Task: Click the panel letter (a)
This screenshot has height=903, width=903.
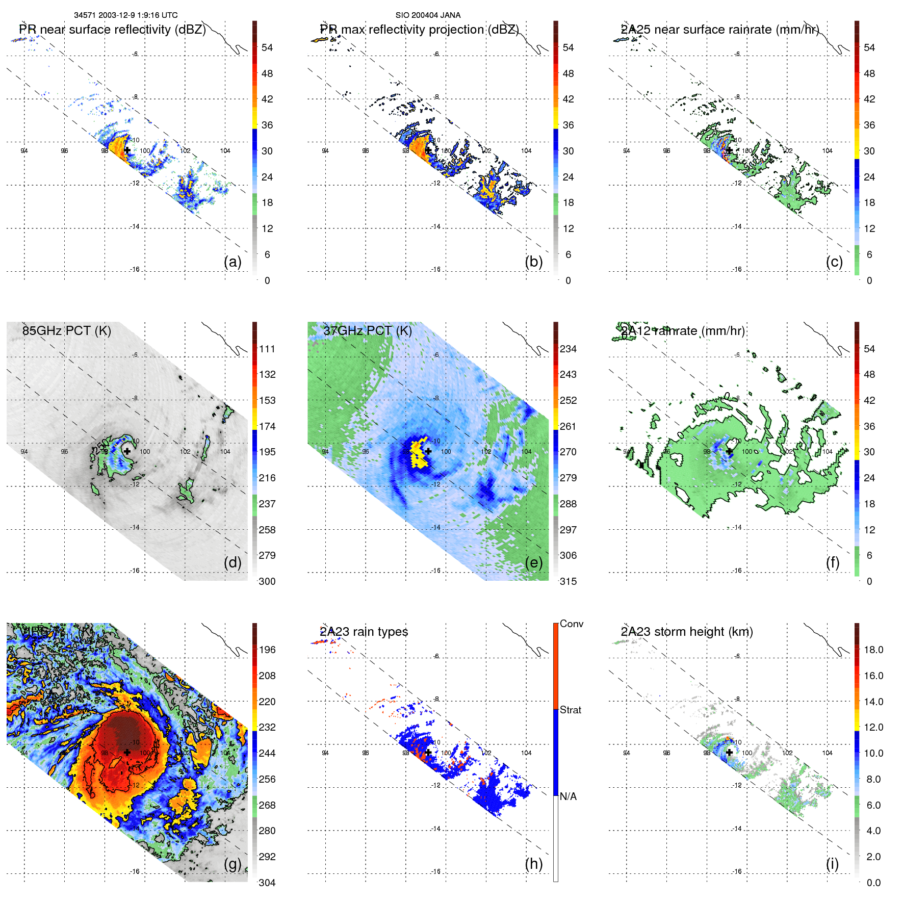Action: pyautogui.click(x=232, y=262)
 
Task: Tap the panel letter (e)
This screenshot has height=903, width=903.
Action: pyautogui.click(x=533, y=562)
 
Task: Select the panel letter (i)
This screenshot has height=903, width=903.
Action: pyautogui.click(x=832, y=864)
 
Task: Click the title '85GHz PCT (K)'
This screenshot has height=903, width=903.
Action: pyautogui.click(x=66, y=330)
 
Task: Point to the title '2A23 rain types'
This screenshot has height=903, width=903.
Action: pyautogui.click(x=364, y=632)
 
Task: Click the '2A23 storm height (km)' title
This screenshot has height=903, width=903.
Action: pyautogui.click(x=686, y=632)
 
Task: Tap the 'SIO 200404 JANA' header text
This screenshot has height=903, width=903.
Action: pyautogui.click(x=428, y=15)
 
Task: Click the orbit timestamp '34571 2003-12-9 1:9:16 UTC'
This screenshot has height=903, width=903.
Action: pyautogui.click(x=126, y=15)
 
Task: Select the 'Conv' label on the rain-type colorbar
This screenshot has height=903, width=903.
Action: pyautogui.click(x=571, y=624)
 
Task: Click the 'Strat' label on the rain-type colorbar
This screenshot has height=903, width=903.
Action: pyautogui.click(x=570, y=710)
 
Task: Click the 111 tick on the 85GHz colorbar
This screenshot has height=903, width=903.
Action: pyautogui.click(x=267, y=349)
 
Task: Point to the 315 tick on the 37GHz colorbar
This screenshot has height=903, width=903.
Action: pyautogui.click(x=568, y=581)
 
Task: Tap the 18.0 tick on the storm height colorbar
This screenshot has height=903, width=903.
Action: pyautogui.click(x=873, y=650)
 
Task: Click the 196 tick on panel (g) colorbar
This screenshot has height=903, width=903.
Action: pyautogui.click(x=267, y=650)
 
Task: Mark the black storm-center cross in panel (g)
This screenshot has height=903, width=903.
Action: pyautogui.click(x=127, y=752)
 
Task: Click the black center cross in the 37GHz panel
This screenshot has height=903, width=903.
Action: pyautogui.click(x=428, y=451)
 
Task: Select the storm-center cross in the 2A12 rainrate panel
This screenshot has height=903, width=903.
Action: pyautogui.click(x=729, y=451)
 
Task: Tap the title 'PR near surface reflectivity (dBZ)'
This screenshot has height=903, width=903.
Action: pyautogui.click(x=112, y=30)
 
